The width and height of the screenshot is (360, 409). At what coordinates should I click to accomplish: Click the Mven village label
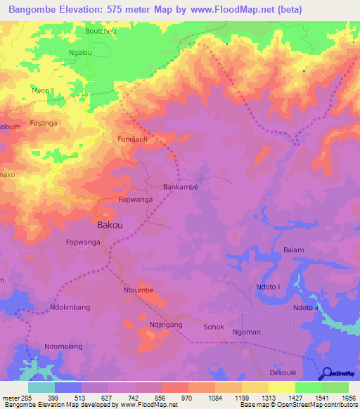pos(40,91)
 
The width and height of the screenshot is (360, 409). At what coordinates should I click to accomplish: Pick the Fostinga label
pos(46,124)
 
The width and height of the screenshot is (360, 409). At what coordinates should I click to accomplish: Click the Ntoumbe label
pos(139,289)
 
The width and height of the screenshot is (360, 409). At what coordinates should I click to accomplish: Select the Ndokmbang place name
pos(70,307)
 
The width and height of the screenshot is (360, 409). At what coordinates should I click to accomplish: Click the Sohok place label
pos(214,327)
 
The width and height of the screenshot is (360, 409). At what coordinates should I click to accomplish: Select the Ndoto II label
pos(307,308)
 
